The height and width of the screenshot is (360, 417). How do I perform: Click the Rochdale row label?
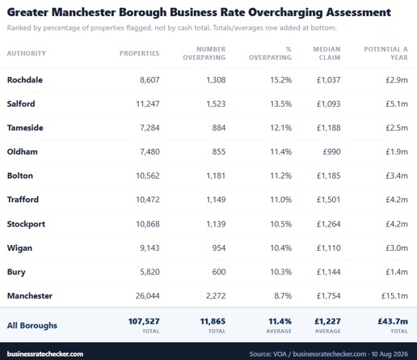(x=25, y=80)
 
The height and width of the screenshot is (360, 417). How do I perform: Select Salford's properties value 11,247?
(x=148, y=104)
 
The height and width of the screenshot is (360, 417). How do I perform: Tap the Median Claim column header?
(x=326, y=53)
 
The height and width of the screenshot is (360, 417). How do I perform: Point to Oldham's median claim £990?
(x=332, y=151)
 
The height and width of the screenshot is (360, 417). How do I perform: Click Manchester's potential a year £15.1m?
(x=394, y=296)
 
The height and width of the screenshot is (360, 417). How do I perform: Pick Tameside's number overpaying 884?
(x=219, y=128)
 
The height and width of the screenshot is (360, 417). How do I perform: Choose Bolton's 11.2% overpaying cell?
(x=281, y=176)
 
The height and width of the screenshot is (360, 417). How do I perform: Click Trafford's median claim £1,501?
(x=328, y=200)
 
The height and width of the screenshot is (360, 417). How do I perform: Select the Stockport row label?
(x=26, y=224)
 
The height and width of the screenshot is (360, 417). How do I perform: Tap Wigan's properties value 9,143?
(x=150, y=248)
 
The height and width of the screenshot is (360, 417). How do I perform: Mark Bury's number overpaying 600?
(x=219, y=272)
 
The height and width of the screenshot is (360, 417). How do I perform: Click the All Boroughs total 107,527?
(x=144, y=321)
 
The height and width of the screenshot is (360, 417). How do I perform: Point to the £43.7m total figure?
(x=393, y=321)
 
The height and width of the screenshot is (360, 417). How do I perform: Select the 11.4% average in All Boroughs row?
(x=280, y=321)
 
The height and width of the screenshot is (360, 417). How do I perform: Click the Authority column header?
(x=27, y=53)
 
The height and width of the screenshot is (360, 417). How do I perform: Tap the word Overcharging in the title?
(x=285, y=13)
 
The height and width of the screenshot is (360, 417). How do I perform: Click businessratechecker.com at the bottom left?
(x=45, y=354)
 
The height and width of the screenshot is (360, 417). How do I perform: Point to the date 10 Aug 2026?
(x=390, y=354)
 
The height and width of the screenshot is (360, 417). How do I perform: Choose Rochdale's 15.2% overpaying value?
(x=281, y=80)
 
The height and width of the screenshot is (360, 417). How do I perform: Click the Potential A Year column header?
(x=385, y=53)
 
